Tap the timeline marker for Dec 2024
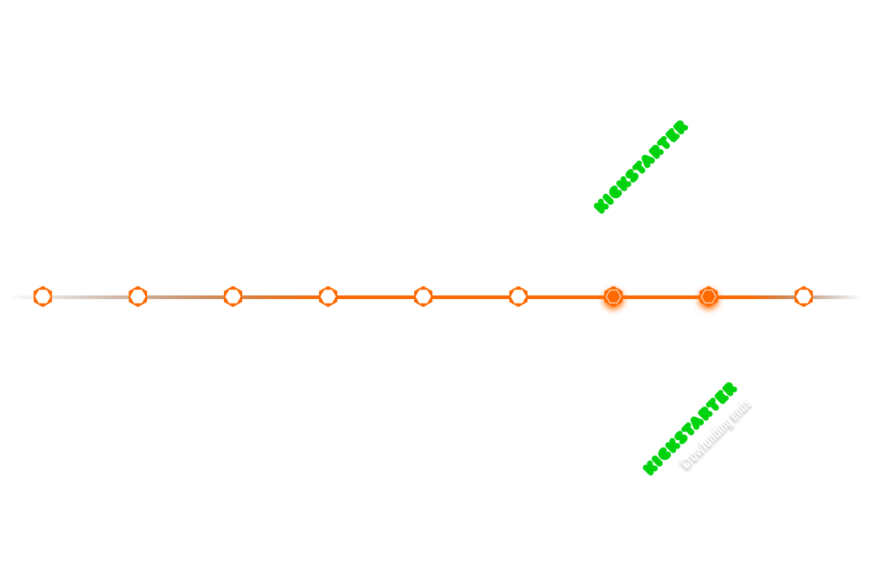[x=138, y=296]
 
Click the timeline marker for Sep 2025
[x=328, y=296]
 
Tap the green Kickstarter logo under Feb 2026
[x=642, y=167]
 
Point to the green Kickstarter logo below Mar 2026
[x=690, y=429]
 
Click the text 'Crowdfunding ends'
[x=716, y=434]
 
